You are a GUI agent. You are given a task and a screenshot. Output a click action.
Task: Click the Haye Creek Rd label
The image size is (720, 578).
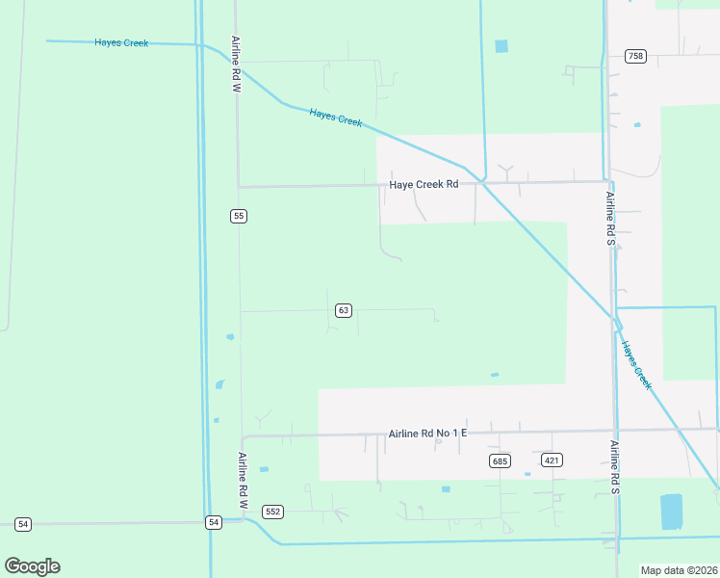tap(424, 185)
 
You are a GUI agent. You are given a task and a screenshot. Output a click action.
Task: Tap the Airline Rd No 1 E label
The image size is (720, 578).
tap(427, 433)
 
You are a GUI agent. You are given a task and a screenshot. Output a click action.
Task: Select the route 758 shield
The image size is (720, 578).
tap(634, 56)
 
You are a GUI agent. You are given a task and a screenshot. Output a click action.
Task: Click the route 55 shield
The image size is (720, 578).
tap(238, 216)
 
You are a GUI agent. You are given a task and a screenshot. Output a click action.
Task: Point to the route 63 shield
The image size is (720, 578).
tap(344, 310)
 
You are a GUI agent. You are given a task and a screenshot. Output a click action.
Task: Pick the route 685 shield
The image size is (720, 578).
tap(499, 460)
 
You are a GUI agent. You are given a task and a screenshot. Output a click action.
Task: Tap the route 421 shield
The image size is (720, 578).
tap(552, 460)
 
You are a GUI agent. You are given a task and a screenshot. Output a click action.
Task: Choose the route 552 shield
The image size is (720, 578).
tap(273, 512)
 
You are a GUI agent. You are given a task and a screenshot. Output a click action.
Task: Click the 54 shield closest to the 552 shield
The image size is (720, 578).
tap(213, 522)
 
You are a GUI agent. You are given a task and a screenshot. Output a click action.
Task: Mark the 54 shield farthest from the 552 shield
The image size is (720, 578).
tap(23, 524)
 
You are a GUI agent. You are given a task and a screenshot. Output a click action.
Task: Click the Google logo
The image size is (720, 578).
tap(32, 566)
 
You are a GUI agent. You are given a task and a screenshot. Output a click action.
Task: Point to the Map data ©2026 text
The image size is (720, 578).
tap(678, 570)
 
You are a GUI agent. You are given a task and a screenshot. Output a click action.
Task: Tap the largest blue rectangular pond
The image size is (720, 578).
tap(671, 511)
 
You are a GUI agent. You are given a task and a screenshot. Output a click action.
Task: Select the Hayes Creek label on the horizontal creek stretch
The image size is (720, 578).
tap(121, 42)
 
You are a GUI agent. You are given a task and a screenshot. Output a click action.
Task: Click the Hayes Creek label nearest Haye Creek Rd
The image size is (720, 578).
tap(336, 117)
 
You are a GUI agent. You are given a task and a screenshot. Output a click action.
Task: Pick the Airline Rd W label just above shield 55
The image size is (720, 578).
tap(236, 65)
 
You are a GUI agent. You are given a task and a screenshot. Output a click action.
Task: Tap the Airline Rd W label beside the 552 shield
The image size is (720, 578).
tap(244, 481)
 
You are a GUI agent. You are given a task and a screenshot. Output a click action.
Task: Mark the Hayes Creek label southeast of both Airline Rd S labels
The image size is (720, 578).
tap(637, 365)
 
